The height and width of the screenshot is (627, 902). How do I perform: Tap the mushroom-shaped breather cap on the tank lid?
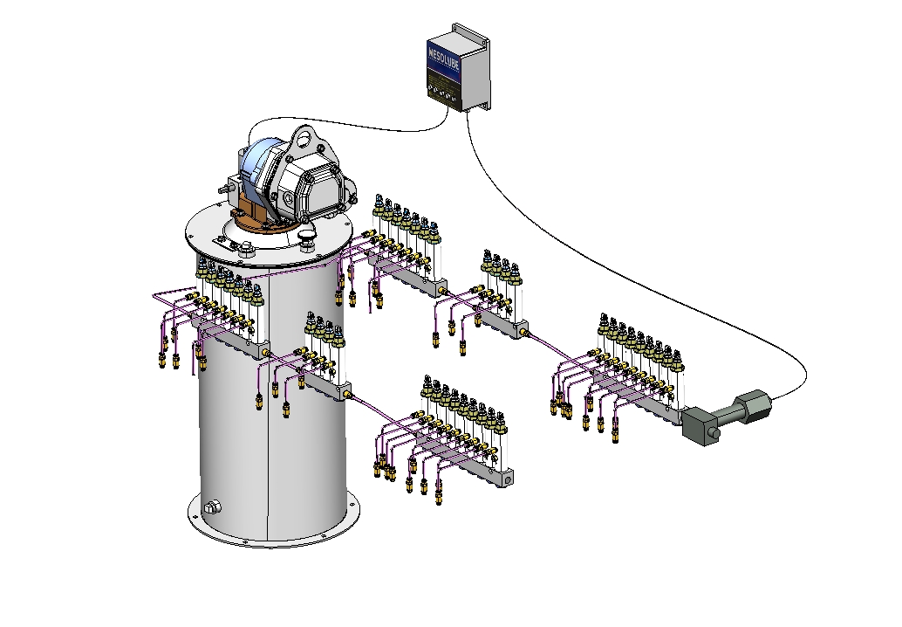pyautogui.click(x=306, y=235)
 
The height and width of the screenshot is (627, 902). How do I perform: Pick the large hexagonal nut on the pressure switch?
pyautogui.click(x=752, y=407)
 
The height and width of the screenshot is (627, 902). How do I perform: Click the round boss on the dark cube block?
pyautogui.click(x=713, y=433)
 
